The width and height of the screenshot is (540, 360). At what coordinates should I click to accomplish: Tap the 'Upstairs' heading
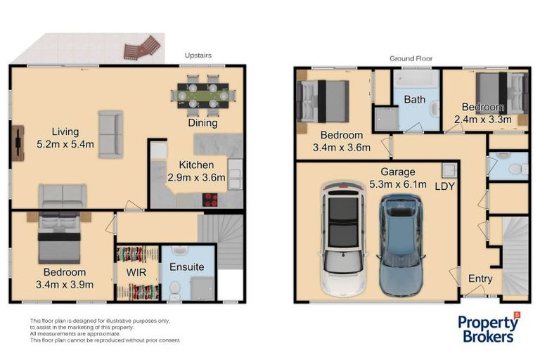coord(198,55)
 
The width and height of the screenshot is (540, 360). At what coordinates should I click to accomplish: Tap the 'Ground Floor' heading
coord(411,58)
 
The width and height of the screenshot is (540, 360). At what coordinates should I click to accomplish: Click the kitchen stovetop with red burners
coord(211,199)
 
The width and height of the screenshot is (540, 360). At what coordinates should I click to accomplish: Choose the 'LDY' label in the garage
coord(445,186)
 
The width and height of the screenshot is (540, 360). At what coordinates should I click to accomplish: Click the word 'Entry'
coord(480,279)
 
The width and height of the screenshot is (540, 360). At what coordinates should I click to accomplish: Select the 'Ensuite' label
coord(186,267)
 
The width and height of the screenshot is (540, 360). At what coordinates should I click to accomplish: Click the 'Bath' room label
coord(414,100)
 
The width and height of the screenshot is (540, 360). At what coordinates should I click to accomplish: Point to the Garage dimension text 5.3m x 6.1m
coord(398,185)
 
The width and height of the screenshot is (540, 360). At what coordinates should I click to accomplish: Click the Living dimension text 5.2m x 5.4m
coord(55,146)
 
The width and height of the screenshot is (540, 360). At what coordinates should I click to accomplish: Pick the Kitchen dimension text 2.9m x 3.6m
coord(196,178)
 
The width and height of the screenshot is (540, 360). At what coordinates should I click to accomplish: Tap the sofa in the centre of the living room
coord(110,134)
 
